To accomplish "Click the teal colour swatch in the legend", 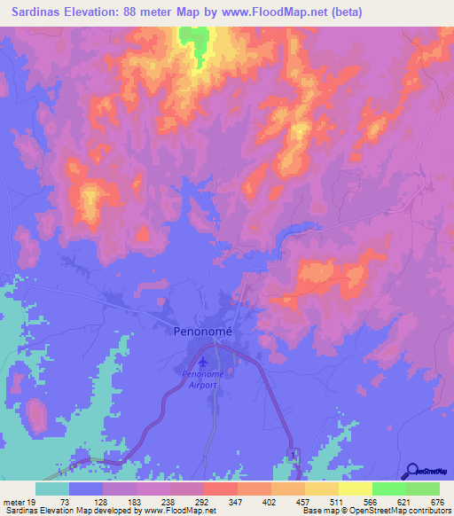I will (x=52, y=488).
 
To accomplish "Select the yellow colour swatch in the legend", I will (x=355, y=488).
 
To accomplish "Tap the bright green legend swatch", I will (x=388, y=488).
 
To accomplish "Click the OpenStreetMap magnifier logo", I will (x=411, y=471).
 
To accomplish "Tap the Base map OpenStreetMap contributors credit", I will (x=376, y=511).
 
